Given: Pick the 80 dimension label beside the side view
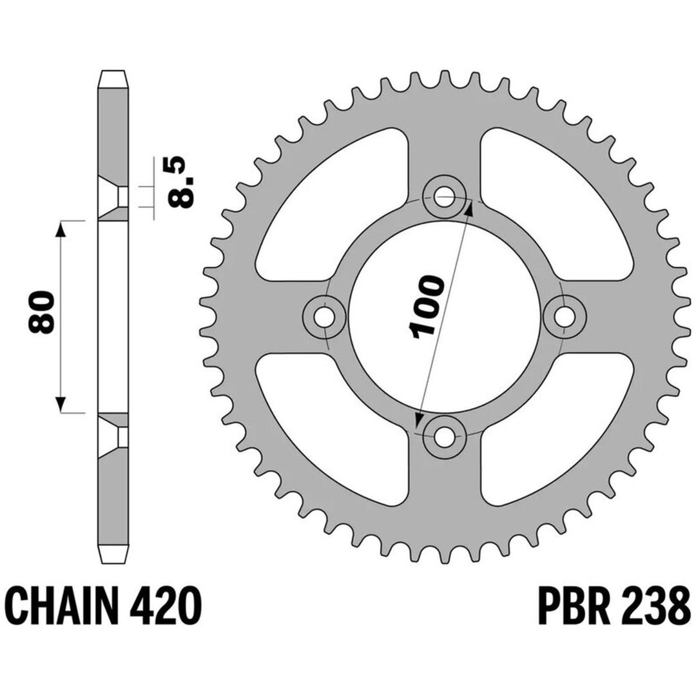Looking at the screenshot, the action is [41, 312].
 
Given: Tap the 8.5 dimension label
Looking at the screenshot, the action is [181, 182].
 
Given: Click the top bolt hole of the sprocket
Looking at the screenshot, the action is [444, 197].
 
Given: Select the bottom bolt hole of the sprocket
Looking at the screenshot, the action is [444, 437].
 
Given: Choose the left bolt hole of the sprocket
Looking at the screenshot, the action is [324, 317].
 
